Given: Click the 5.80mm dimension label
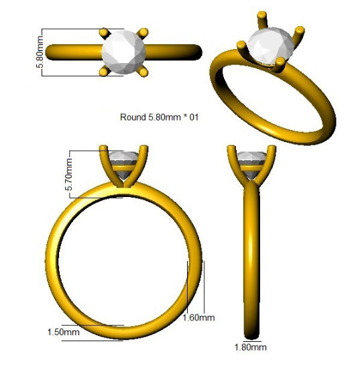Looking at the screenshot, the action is [x=40, y=52].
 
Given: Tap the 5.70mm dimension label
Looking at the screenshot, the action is [x=69, y=174].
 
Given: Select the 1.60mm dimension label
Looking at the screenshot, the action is [x=198, y=318].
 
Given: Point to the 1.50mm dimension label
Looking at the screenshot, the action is [x=64, y=332].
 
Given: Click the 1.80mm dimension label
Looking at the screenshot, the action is [x=251, y=347].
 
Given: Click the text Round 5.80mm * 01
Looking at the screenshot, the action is [x=160, y=117].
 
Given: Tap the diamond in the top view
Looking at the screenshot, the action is [x=124, y=52].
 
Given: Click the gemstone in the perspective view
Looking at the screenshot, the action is [x=271, y=46].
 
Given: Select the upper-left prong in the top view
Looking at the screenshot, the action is [x=105, y=33].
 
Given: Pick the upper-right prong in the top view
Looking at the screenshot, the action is [x=143, y=33].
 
